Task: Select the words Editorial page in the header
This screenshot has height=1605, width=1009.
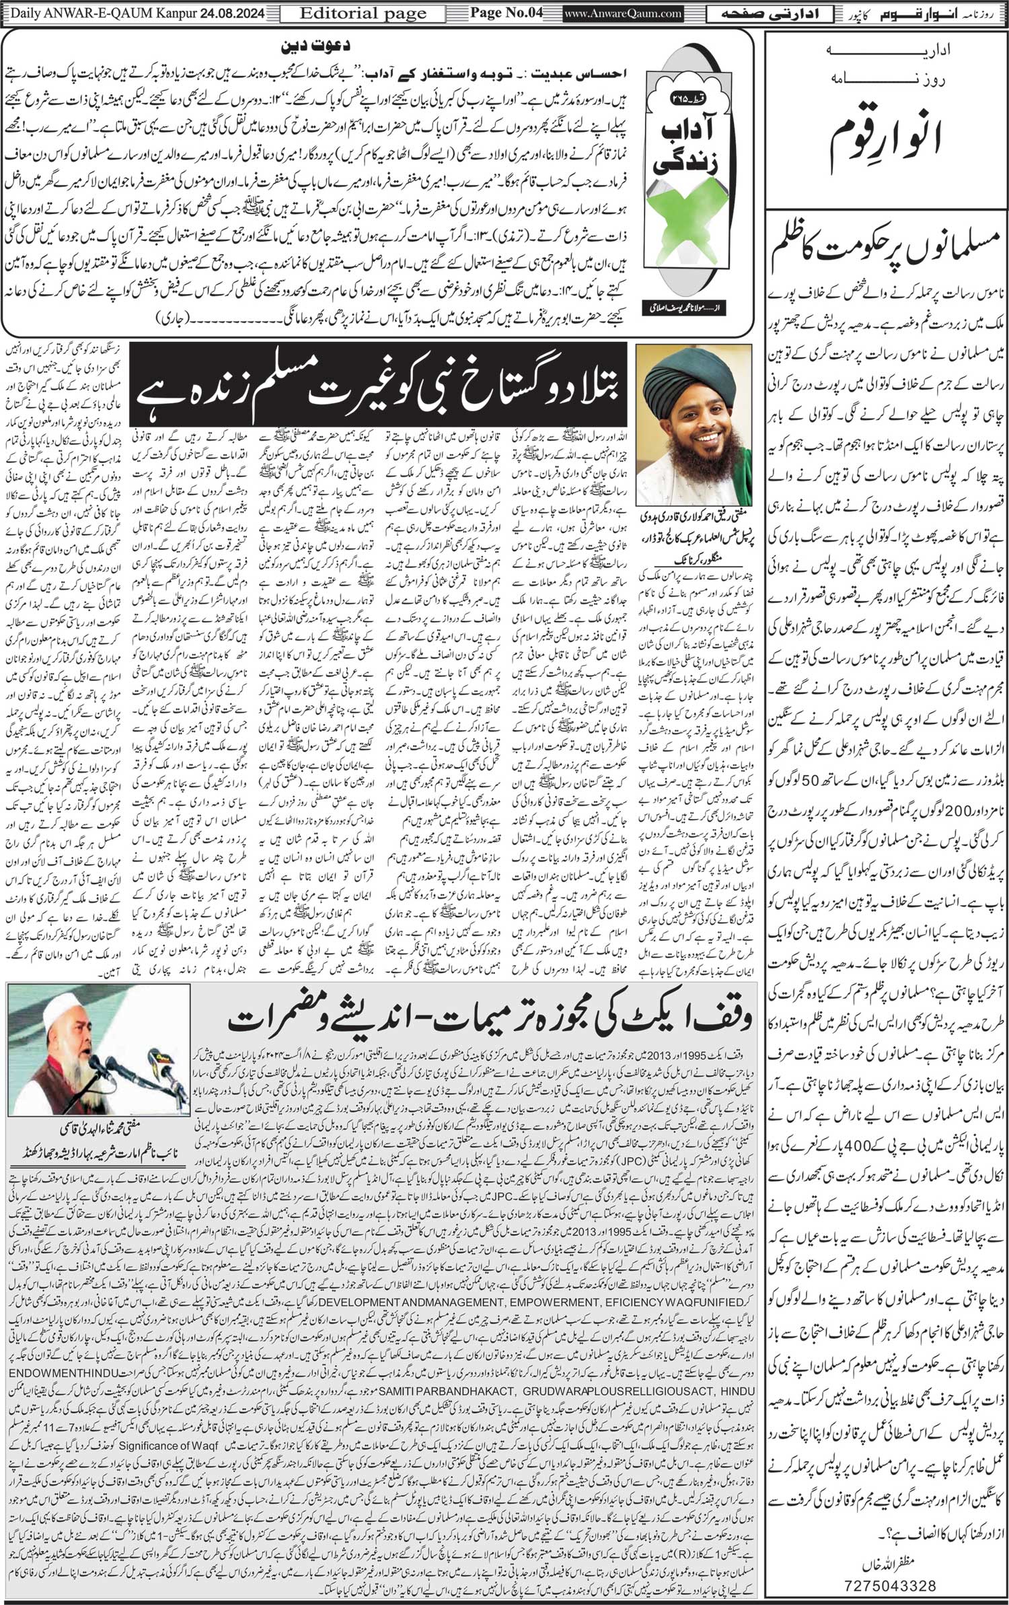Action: point(363,13)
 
